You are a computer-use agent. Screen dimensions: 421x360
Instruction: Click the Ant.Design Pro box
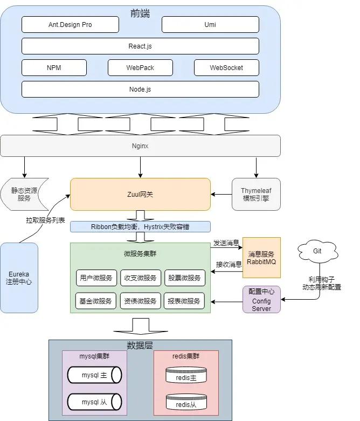(x=70, y=25)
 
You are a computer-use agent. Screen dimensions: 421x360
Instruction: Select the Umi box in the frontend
(x=210, y=25)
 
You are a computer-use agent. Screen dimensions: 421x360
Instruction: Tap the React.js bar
(x=140, y=46)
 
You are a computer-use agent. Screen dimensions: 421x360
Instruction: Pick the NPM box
(x=54, y=68)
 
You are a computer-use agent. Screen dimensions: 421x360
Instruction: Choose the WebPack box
(x=140, y=68)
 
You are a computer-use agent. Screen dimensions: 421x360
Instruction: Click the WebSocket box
(x=226, y=68)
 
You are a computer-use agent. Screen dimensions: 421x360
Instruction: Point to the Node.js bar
(x=140, y=89)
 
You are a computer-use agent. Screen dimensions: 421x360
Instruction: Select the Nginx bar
(x=140, y=146)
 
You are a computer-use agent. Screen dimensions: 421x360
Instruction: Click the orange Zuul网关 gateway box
(x=140, y=194)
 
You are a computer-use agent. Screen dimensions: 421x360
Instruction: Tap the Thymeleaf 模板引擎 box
(x=256, y=194)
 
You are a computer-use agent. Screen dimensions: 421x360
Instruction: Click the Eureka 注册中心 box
(x=19, y=278)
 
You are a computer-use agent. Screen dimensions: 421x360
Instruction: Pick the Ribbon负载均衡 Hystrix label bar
(x=140, y=226)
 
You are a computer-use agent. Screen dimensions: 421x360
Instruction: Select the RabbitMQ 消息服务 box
(x=261, y=258)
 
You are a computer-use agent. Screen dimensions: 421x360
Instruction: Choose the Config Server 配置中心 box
(x=261, y=300)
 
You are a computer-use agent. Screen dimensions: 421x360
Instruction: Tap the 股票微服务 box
(x=184, y=278)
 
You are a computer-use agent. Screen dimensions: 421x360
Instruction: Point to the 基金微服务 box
(x=96, y=301)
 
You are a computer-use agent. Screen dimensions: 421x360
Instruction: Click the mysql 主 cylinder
(x=94, y=375)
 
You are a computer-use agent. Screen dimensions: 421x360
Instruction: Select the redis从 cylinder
(x=186, y=404)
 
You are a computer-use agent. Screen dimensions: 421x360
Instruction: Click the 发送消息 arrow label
(x=226, y=243)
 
